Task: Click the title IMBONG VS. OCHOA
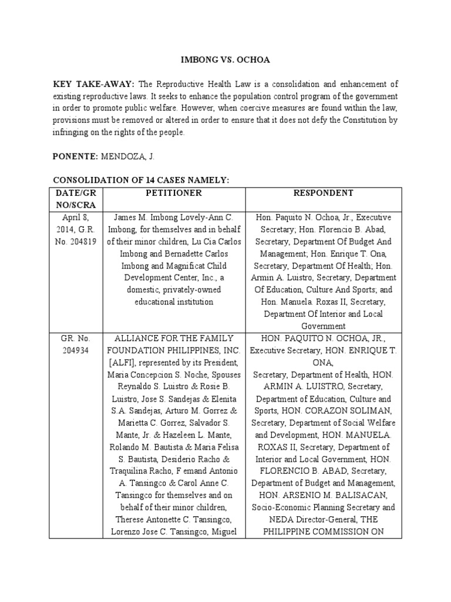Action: [x=225, y=60]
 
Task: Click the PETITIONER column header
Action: [x=173, y=193]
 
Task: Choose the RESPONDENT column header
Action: [x=327, y=193]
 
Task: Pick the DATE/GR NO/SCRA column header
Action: [x=77, y=199]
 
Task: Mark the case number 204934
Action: [x=77, y=350]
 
